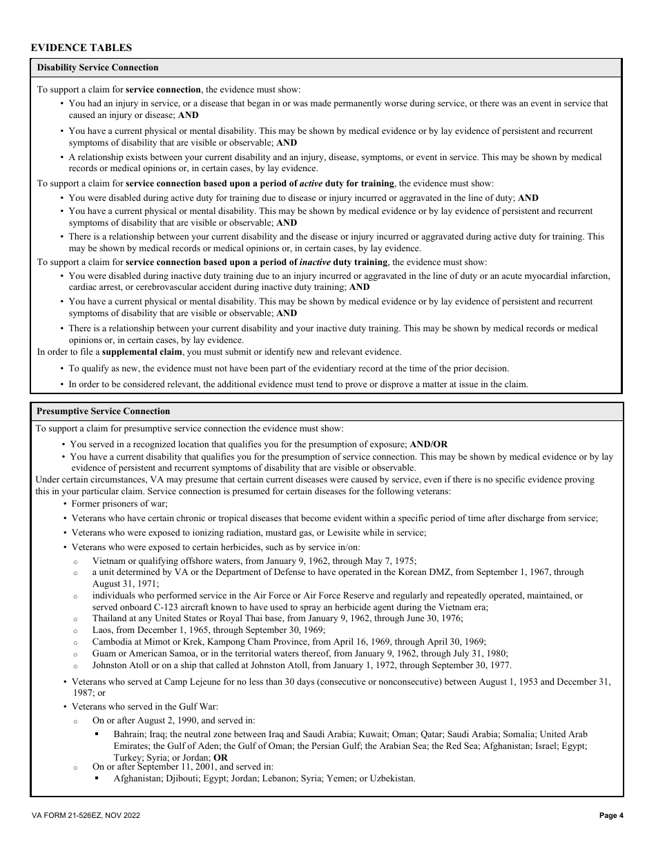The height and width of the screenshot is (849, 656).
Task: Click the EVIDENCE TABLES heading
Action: click(x=81, y=48)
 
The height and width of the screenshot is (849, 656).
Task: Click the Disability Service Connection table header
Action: click(x=97, y=68)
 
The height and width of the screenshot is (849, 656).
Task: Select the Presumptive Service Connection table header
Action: click(x=103, y=411)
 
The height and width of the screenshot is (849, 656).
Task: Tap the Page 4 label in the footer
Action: click(x=611, y=816)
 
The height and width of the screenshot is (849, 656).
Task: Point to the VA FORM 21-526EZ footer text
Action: click(x=86, y=816)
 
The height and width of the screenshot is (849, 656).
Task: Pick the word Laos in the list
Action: click(x=102, y=630)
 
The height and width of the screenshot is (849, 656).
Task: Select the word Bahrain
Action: click(x=130, y=734)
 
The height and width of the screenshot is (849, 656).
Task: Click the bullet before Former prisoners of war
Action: click(x=64, y=505)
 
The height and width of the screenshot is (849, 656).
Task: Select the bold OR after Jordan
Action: click(x=220, y=757)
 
